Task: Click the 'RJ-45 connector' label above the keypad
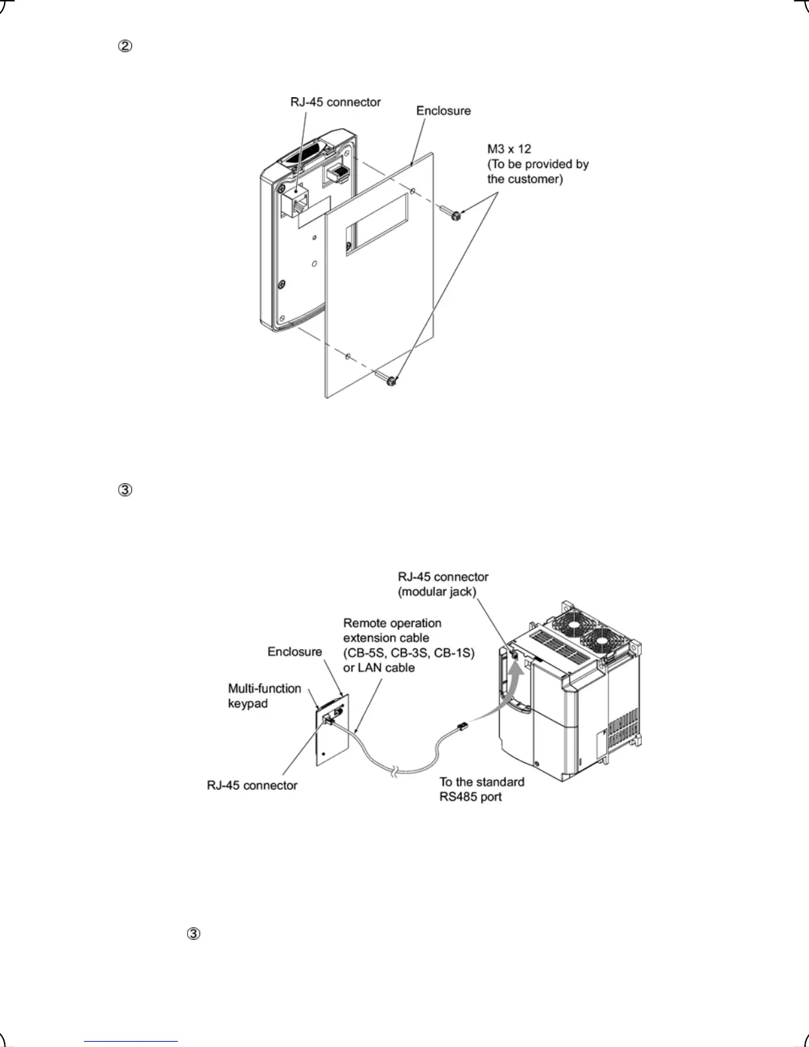pos(335,102)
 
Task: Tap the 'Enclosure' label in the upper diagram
pos(443,111)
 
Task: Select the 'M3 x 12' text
pos(509,149)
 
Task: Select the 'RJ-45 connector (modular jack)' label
pos(443,584)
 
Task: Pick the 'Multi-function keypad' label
pos(264,696)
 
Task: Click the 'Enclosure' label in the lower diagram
pos(295,652)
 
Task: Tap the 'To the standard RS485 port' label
pos(482,789)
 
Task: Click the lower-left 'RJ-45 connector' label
pos(252,785)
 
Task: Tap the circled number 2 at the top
pos(125,46)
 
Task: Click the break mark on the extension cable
pos(393,771)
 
